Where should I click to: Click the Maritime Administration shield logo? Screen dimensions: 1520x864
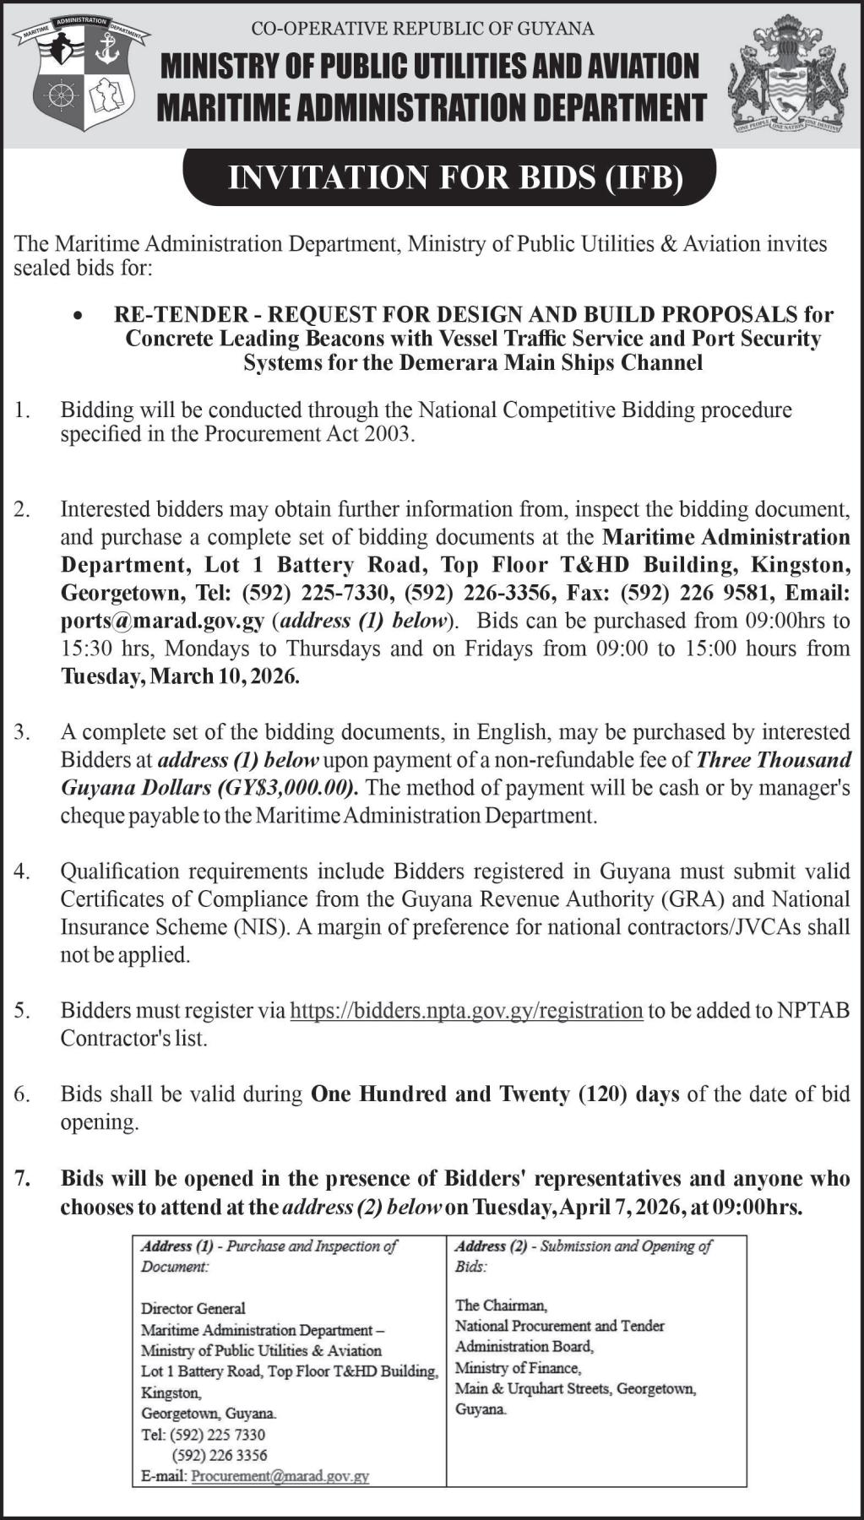[x=82, y=73]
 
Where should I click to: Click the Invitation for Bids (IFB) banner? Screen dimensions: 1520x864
[x=450, y=177]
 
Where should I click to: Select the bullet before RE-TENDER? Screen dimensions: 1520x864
[x=79, y=316]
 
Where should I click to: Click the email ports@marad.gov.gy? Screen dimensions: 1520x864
[x=163, y=621]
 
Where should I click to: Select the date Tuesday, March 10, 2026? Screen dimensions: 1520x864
[x=180, y=676]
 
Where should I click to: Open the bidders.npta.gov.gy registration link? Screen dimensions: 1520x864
[x=466, y=1011]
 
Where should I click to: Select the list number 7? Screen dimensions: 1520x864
[x=22, y=1178]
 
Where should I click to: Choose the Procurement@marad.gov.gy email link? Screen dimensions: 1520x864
[x=280, y=1476]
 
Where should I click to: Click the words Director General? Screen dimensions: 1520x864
[x=193, y=1308]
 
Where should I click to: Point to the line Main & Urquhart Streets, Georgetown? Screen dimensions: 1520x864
[x=575, y=1388]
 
